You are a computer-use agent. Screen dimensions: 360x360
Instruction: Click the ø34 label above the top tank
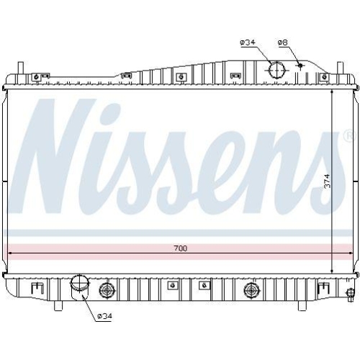pos(248,42)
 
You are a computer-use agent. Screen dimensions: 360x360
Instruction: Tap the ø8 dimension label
pos(283,42)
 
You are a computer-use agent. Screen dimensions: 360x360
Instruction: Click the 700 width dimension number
pos(180,248)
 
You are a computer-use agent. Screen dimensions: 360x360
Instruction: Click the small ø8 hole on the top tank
pos(301,66)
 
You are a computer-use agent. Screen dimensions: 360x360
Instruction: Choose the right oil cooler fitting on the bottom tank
pos(251,290)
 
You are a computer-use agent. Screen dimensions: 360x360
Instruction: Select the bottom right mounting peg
pos(300,305)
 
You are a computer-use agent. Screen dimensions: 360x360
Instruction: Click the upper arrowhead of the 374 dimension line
pos(331,94)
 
